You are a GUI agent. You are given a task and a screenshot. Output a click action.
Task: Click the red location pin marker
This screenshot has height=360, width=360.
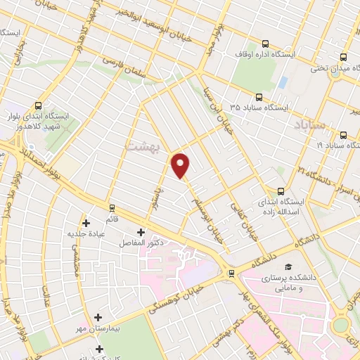(x=181, y=165)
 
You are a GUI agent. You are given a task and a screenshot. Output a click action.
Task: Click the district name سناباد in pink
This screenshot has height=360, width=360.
(x=308, y=125)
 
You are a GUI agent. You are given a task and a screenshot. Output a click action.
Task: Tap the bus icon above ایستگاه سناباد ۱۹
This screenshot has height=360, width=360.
(x=343, y=135)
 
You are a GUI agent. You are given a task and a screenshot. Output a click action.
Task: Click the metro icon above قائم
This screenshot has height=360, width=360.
(x=111, y=207)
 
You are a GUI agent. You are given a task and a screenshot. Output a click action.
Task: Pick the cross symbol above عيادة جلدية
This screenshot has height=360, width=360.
(x=86, y=222)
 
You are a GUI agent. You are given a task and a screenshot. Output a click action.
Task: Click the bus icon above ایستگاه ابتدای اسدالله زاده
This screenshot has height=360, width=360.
(x=281, y=191)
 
